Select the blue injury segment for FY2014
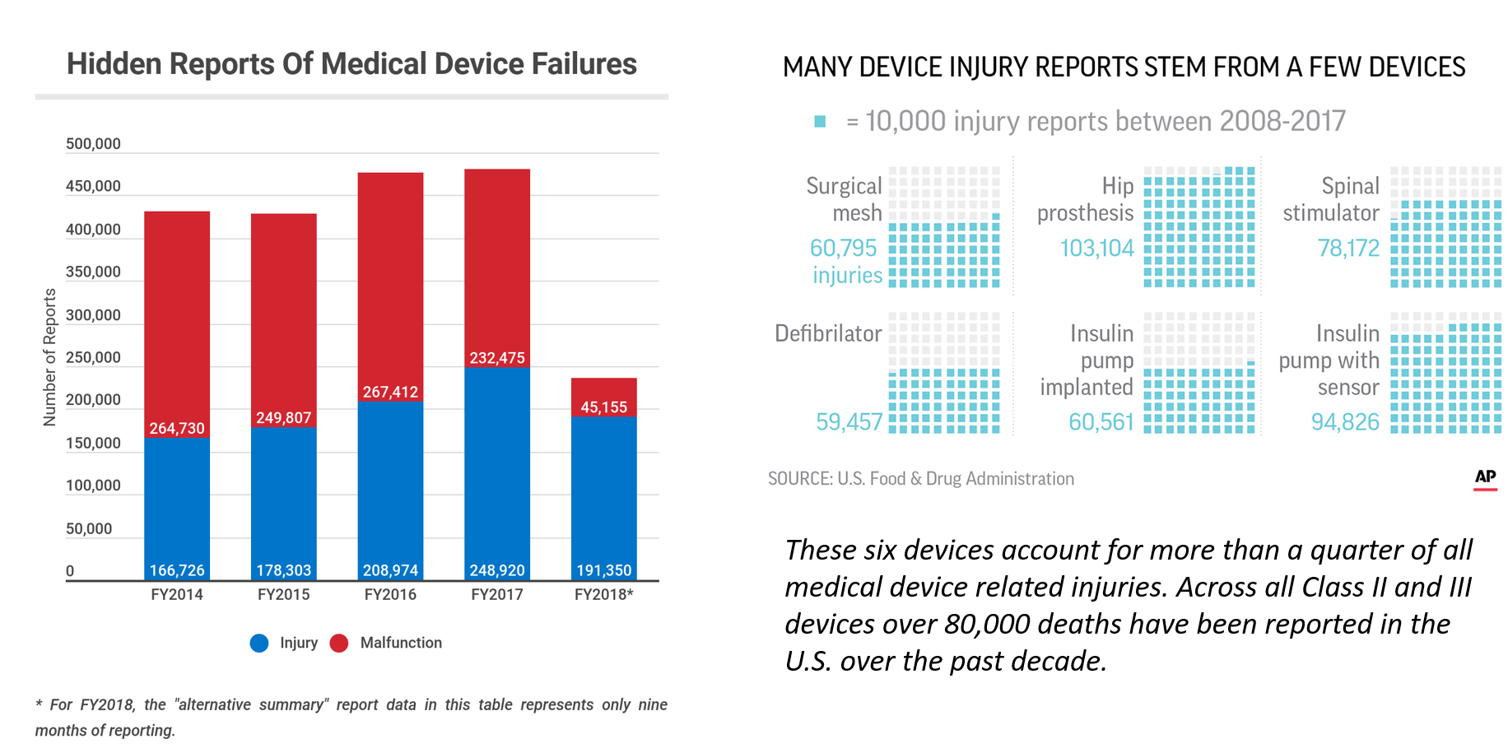177,502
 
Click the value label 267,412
390,393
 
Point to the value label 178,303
283,570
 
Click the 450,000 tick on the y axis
93,187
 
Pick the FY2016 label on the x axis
390,595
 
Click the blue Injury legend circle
259,644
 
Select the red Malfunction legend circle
339,644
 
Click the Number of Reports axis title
50,357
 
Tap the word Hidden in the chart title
114,64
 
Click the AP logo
1485,477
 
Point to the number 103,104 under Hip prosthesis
1096,248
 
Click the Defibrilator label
827,333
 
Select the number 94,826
1344,422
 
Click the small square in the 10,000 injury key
820,122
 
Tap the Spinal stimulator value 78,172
1347,248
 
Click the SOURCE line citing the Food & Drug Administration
920,479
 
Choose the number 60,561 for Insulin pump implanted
1101,422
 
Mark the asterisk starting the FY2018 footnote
39,704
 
